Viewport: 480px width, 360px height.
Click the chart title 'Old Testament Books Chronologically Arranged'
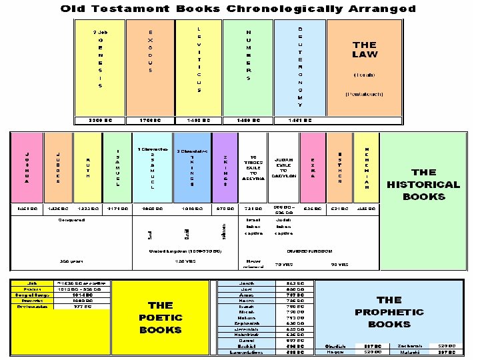pyautogui.click(x=238, y=9)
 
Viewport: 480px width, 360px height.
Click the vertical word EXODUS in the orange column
pyautogui.click(x=151, y=51)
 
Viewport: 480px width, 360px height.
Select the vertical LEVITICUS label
pyautogui.click(x=199, y=61)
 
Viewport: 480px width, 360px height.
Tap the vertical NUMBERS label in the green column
pyautogui.click(x=248, y=55)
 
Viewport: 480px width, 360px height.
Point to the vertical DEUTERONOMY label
pyautogui.click(x=300, y=67)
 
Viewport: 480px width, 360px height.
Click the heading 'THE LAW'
pyautogui.click(x=365, y=50)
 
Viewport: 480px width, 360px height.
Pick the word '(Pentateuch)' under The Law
pyautogui.click(x=364, y=94)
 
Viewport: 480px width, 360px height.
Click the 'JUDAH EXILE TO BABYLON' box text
pyautogui.click(x=284, y=167)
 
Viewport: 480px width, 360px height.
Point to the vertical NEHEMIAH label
pyautogui.click(x=366, y=168)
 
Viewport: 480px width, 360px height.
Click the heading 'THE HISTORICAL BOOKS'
pyautogui.click(x=424, y=185)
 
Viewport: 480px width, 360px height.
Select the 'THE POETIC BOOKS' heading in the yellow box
pyautogui.click(x=160, y=317)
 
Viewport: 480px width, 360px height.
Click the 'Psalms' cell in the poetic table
pyautogui.click(x=32, y=289)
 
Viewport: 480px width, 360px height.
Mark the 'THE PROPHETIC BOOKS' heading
pyautogui.click(x=389, y=312)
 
